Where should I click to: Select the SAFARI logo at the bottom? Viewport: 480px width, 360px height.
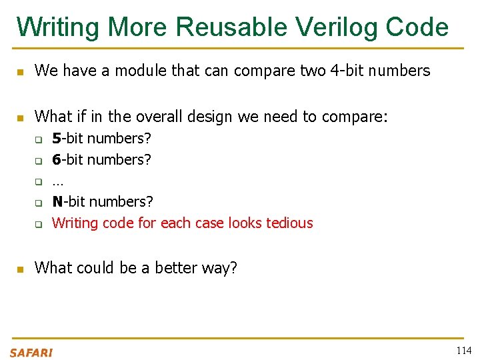click(31, 353)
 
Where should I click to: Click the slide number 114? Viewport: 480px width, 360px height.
click(463, 351)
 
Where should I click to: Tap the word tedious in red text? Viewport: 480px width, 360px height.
click(289, 223)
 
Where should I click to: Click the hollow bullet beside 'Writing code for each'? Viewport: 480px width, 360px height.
click(39, 224)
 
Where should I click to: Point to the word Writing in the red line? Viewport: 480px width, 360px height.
click(75, 223)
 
